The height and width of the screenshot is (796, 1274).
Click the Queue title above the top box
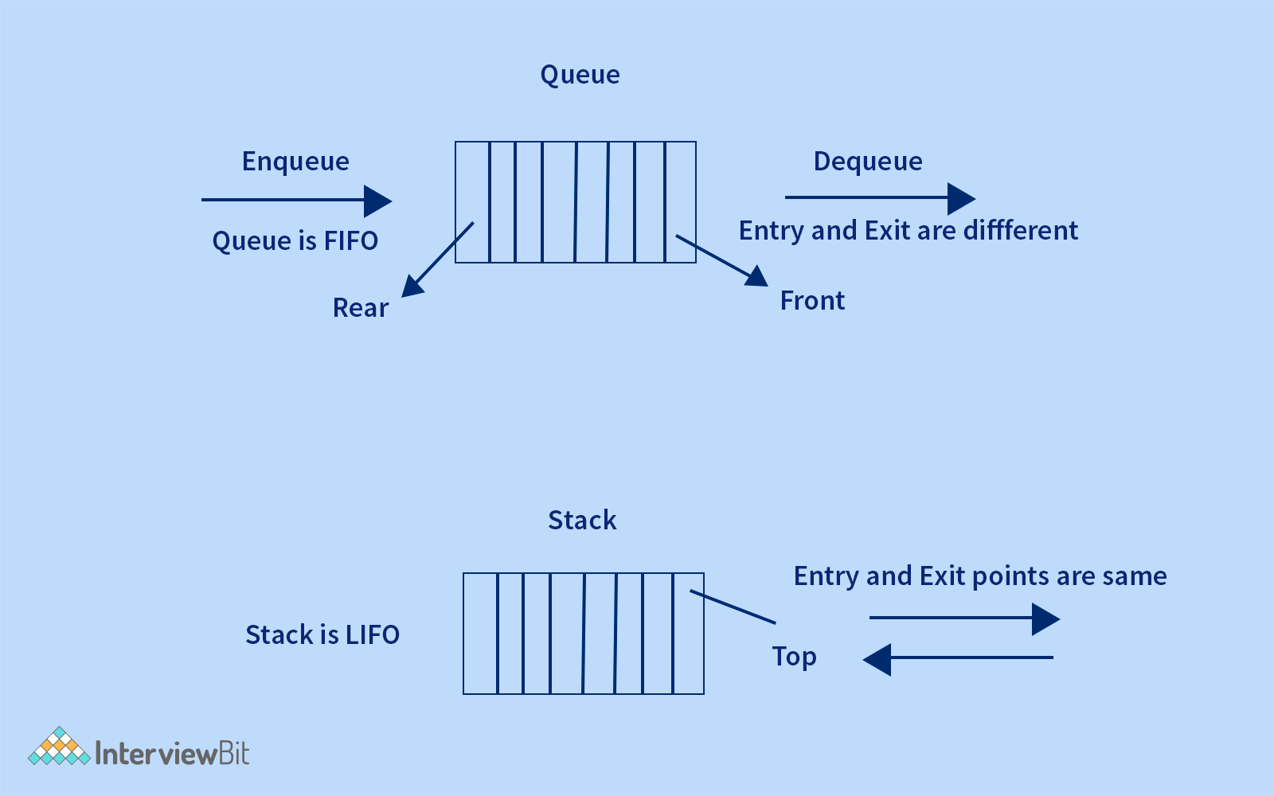point(580,75)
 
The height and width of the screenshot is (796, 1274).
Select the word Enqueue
point(295,162)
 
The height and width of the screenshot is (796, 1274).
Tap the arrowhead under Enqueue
point(377,201)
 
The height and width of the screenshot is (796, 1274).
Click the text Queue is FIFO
point(295,240)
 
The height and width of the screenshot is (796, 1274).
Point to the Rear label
point(361,308)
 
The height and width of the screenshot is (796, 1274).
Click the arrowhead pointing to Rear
point(412,286)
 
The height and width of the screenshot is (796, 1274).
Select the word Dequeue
point(868,162)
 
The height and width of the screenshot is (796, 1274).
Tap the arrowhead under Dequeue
point(960,198)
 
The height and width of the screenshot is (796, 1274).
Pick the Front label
point(812,301)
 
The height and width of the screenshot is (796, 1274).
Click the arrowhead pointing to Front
point(757,276)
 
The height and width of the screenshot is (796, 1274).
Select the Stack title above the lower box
point(582,521)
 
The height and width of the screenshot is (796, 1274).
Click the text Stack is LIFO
point(322,635)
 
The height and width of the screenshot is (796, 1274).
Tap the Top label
point(794,657)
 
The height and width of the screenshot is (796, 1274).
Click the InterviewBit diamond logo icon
point(59,747)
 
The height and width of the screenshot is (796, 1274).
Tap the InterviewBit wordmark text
point(172,753)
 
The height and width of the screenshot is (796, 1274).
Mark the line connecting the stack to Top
point(733,607)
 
